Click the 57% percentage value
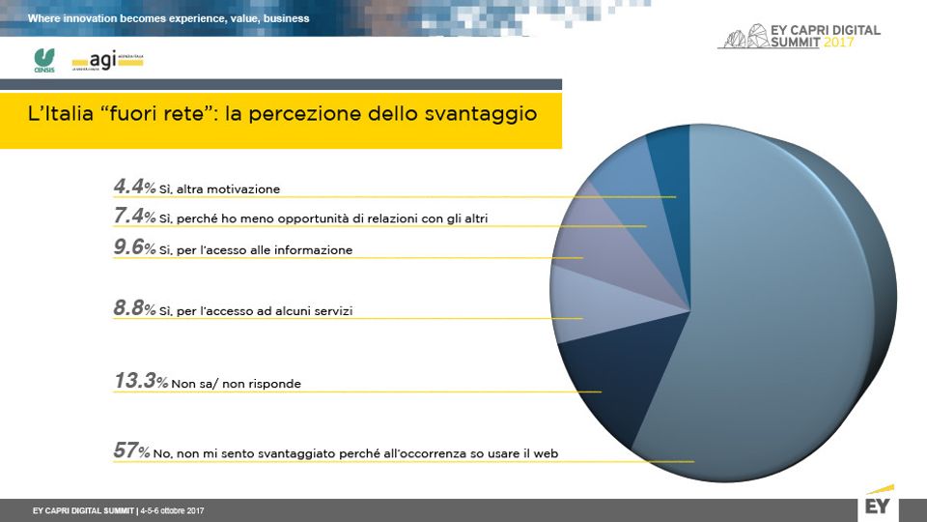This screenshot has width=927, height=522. (x=130, y=450)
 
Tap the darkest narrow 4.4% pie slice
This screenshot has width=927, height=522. (x=668, y=159)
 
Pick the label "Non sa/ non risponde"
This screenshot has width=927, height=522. (x=237, y=384)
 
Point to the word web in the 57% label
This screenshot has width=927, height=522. (x=548, y=452)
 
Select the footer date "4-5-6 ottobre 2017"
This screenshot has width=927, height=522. (x=173, y=509)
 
